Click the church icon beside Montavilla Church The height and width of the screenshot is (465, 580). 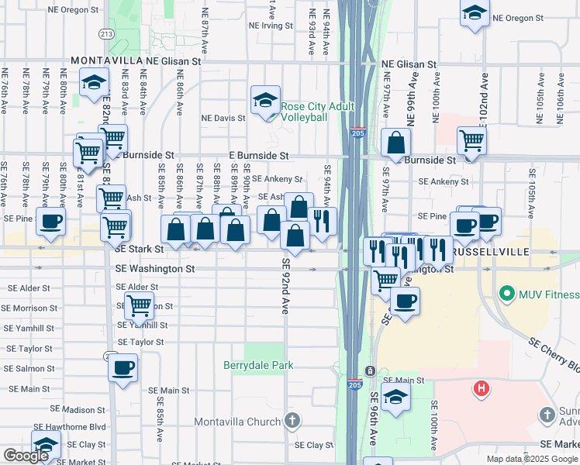click(x=292, y=421)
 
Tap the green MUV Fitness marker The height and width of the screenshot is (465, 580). click(x=507, y=294)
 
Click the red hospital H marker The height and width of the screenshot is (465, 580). click(x=482, y=387)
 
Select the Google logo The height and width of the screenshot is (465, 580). click(x=26, y=455)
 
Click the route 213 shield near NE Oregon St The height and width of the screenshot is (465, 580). click(x=105, y=34)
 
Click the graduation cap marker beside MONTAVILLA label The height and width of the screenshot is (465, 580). click(x=94, y=83)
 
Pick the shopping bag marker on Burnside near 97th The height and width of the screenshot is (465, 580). click(x=395, y=143)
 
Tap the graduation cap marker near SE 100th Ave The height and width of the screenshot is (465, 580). click(x=395, y=398)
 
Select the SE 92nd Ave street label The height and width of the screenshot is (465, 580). click(x=285, y=286)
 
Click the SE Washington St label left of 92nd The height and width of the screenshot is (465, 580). click(x=155, y=268)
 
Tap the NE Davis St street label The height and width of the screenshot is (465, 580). click(x=223, y=119)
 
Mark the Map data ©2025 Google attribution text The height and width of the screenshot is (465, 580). click(x=531, y=459)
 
